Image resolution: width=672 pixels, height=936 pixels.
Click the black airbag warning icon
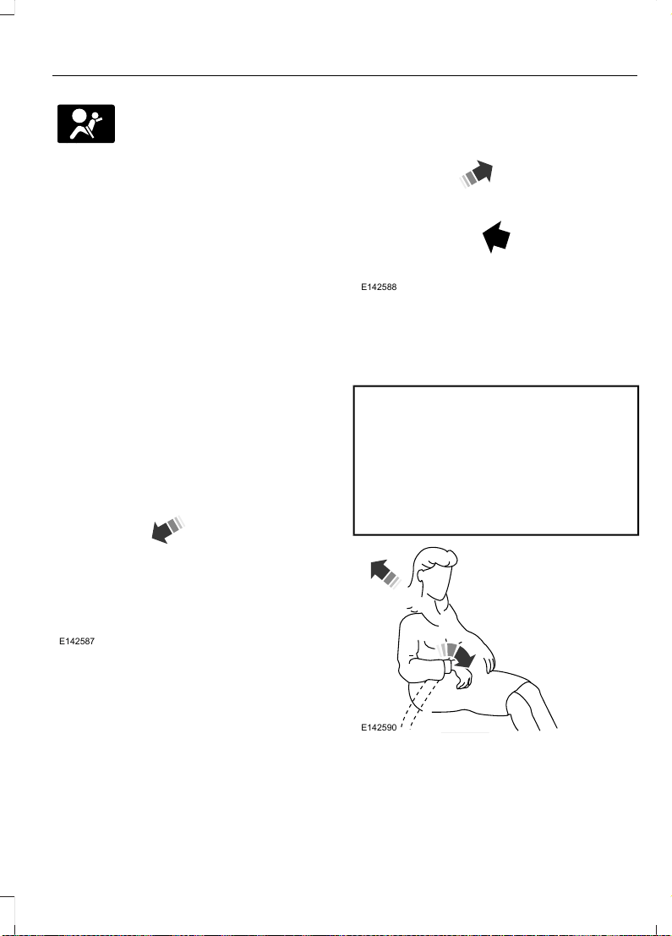click(x=86, y=123)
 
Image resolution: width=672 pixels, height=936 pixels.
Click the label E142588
click(x=379, y=287)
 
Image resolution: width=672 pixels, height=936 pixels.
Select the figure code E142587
click(x=77, y=642)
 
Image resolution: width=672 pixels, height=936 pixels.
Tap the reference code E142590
click(x=379, y=728)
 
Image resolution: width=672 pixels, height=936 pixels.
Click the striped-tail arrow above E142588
click(x=476, y=174)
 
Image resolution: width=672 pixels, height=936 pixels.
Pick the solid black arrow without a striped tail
click(x=496, y=237)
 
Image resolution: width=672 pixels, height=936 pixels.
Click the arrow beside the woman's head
click(x=385, y=573)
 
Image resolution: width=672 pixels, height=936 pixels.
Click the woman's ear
click(x=421, y=577)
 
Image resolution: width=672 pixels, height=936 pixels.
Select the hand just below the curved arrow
click(x=462, y=677)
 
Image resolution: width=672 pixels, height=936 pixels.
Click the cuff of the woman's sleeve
click(x=446, y=667)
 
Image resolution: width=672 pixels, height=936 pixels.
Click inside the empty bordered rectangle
click(x=496, y=460)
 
